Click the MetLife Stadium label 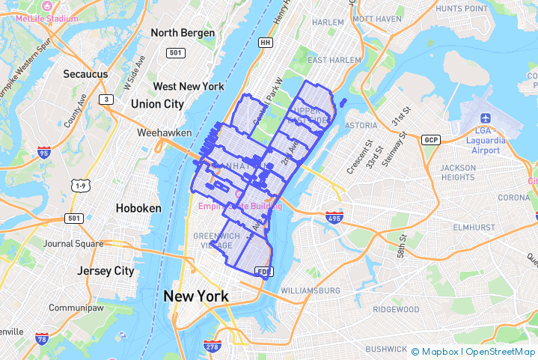(x=46, y=18)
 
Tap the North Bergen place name (x=183, y=33)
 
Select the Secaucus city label (x=85, y=74)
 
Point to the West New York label (x=189, y=87)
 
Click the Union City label (x=157, y=104)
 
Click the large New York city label (x=196, y=296)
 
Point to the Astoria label (x=361, y=125)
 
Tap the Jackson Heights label (x=457, y=172)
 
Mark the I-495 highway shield (x=334, y=217)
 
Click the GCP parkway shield (x=430, y=140)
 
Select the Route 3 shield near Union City (x=108, y=100)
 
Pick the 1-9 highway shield (x=79, y=185)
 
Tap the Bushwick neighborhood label (x=386, y=349)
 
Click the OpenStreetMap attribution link (x=501, y=352)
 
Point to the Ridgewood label (x=397, y=309)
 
